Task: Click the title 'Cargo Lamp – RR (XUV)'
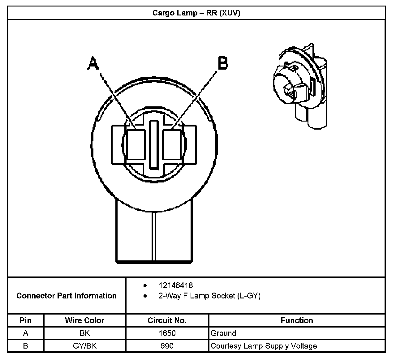click(x=196, y=13)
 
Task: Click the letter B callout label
click(x=223, y=63)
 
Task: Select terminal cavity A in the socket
click(x=136, y=145)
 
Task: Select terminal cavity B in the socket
click(x=172, y=145)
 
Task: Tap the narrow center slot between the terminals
click(x=154, y=145)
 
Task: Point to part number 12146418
click(x=175, y=285)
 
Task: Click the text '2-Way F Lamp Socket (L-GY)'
click(x=209, y=296)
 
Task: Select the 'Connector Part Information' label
click(x=67, y=296)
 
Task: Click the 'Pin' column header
click(x=26, y=320)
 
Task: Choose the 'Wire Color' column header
click(x=84, y=320)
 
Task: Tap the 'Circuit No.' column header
click(x=167, y=320)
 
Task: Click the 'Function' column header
click(x=297, y=320)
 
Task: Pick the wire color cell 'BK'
click(x=84, y=333)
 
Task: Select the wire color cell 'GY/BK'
click(x=84, y=346)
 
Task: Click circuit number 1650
click(x=167, y=333)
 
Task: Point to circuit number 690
click(x=167, y=346)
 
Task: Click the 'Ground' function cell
click(x=223, y=333)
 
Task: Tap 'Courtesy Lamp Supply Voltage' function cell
click(x=264, y=346)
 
